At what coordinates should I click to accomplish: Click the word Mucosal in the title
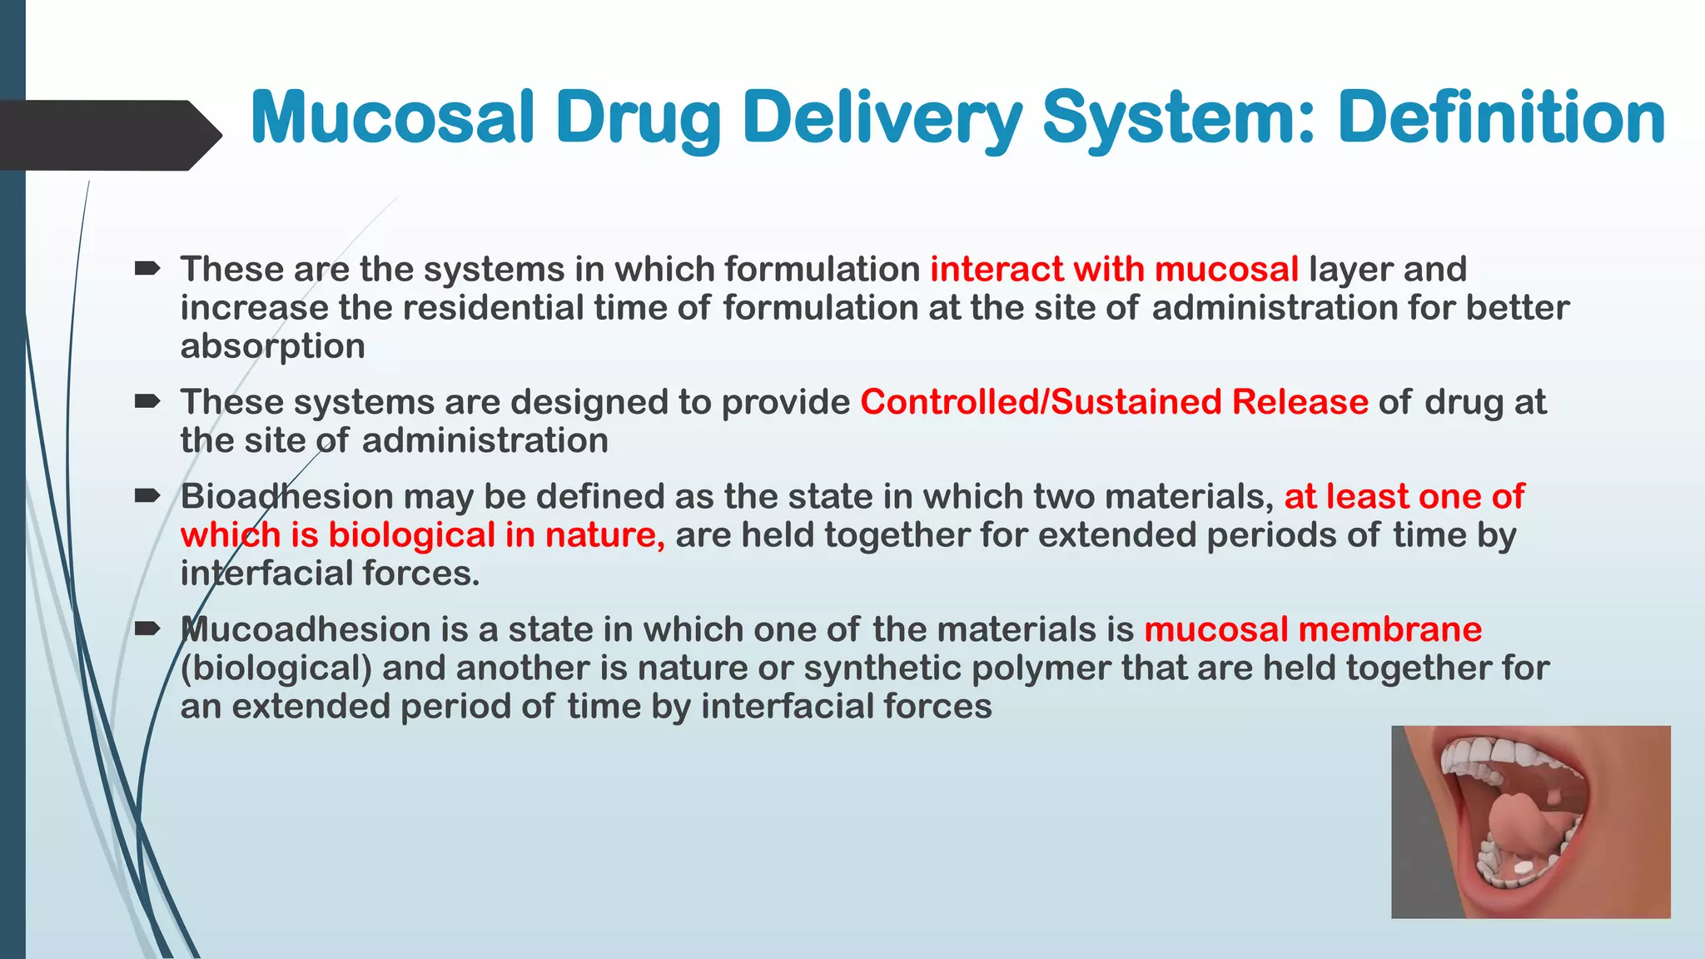click(x=391, y=117)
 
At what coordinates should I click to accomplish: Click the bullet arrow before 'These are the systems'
click(x=147, y=269)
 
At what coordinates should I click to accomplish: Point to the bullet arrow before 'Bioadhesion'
click(x=147, y=496)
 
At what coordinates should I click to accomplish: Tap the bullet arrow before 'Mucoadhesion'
click(x=147, y=629)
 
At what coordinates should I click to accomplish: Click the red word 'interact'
click(x=996, y=269)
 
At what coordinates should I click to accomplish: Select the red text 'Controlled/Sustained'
click(x=1041, y=402)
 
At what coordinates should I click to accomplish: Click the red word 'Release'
click(x=1300, y=402)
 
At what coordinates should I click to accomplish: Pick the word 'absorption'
click(x=273, y=346)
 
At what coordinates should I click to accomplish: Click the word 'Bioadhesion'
click(x=286, y=496)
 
